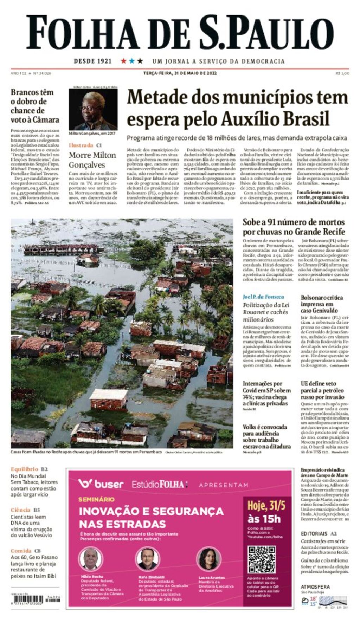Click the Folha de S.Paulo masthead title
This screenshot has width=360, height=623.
pos(180,33)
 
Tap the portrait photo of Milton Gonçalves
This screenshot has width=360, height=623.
pos(93,109)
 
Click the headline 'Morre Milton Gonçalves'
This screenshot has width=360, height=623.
pos(92,160)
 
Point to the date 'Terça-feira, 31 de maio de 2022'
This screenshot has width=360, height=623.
pos(180,73)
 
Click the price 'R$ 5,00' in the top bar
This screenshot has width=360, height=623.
pos(342,73)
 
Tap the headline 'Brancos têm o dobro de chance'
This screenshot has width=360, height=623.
pos(35,106)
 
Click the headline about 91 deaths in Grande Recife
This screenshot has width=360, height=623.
pos(294,227)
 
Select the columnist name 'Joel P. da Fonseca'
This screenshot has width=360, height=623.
pos(263,297)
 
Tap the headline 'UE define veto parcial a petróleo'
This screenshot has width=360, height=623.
pos(322,390)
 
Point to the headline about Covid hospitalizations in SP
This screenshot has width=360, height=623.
pos(266,394)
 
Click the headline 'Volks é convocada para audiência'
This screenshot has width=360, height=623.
pos(266,436)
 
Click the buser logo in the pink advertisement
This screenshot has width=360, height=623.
pos(101,484)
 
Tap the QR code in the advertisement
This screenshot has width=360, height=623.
pos(261,560)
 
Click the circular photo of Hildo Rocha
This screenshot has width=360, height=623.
pos(91,559)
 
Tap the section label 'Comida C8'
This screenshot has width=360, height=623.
pos(26,551)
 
